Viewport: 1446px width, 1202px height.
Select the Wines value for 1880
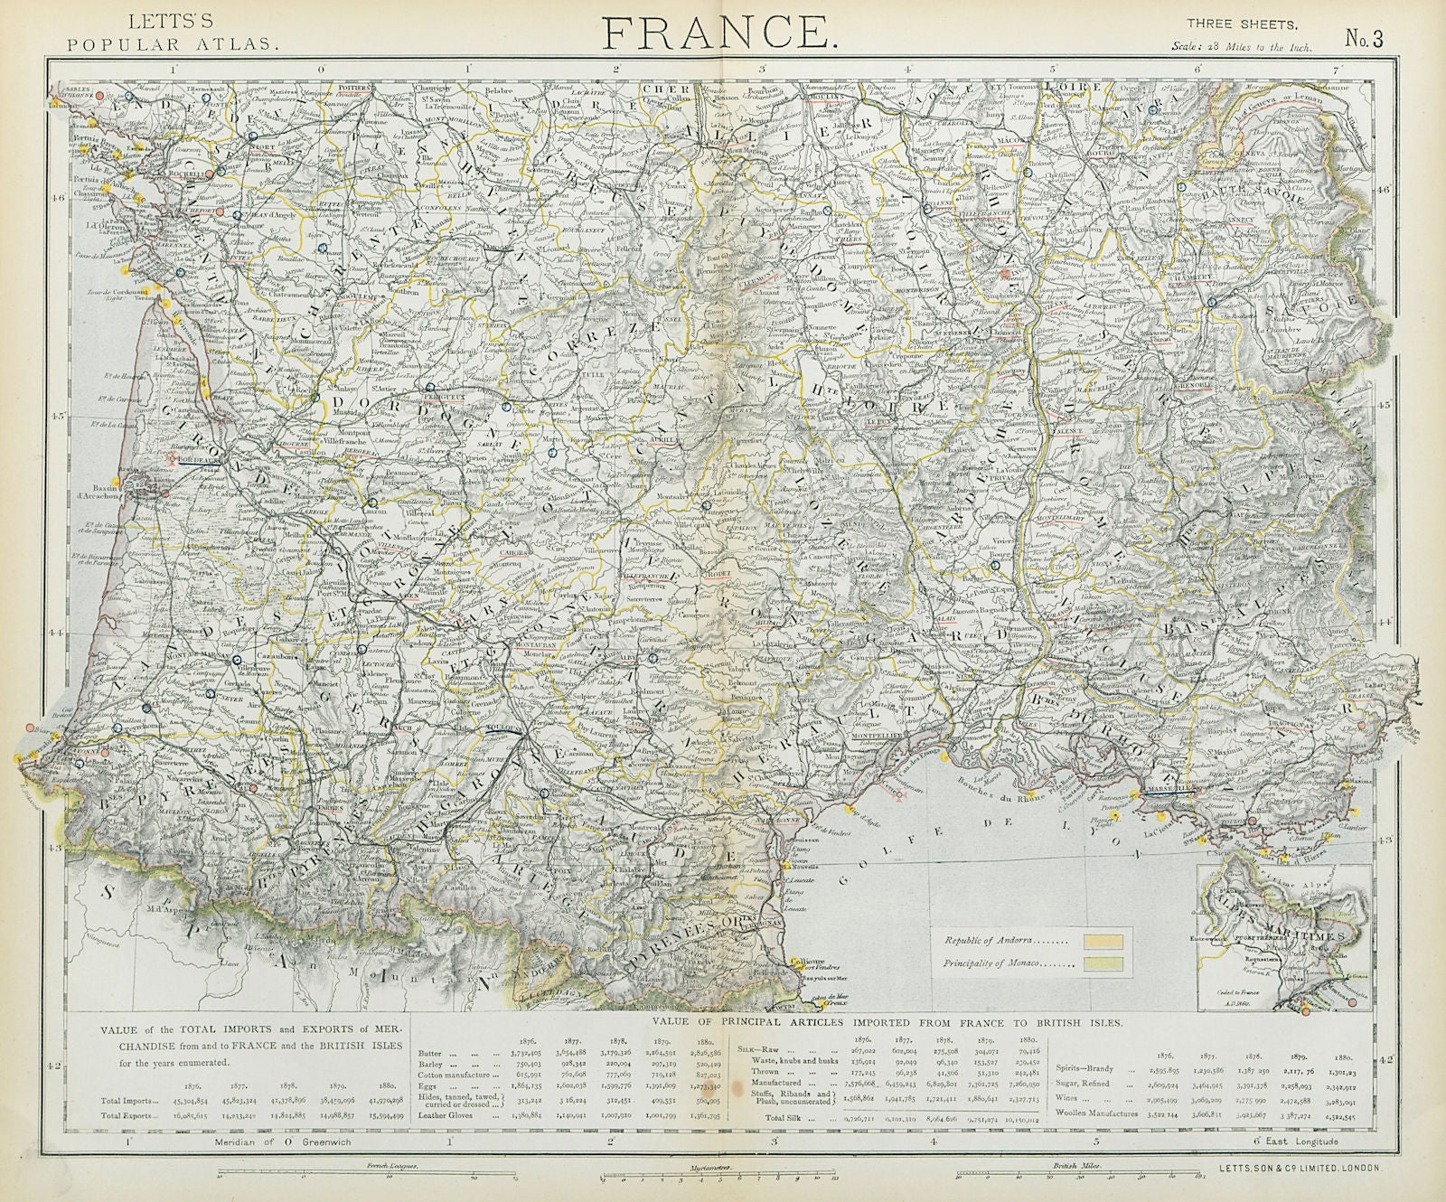[x=1343, y=1098]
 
